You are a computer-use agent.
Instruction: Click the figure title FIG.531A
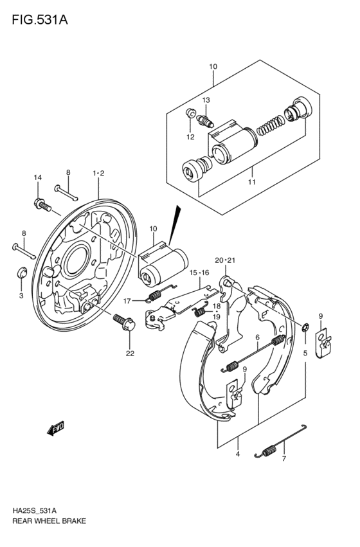click(x=39, y=19)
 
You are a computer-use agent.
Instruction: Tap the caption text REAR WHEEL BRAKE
click(x=49, y=521)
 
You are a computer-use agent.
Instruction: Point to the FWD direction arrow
click(x=56, y=428)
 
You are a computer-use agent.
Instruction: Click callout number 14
click(x=37, y=177)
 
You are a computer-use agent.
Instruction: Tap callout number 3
click(x=21, y=295)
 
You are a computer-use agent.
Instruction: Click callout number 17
click(x=128, y=300)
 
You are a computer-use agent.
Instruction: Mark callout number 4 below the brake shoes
click(x=237, y=454)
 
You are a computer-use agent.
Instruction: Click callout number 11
click(x=251, y=182)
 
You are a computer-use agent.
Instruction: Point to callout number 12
click(x=190, y=136)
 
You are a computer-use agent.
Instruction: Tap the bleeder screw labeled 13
click(x=205, y=120)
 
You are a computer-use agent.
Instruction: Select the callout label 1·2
click(x=98, y=172)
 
